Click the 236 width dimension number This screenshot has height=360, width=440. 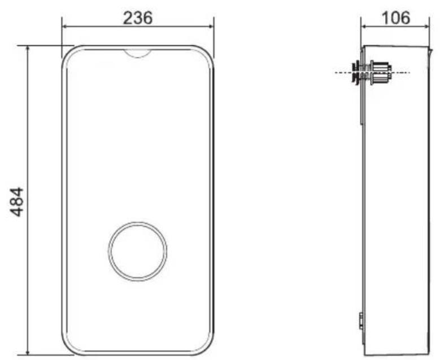pyautogui.click(x=138, y=18)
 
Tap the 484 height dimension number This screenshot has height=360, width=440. pyautogui.click(x=17, y=202)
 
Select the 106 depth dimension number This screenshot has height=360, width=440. pyautogui.click(x=396, y=18)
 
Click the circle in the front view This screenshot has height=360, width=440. pyautogui.click(x=137, y=251)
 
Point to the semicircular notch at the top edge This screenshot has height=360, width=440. pyautogui.click(x=137, y=54)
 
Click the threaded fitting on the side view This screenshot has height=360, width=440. pyautogui.click(x=371, y=72)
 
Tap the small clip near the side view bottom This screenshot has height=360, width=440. pyautogui.click(x=361, y=321)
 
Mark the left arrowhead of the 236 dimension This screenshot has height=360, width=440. pyautogui.click(x=64, y=27)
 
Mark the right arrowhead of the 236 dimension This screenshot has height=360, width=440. pyautogui.click(x=211, y=27)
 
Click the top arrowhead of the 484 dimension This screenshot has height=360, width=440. pyautogui.click(x=28, y=49)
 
